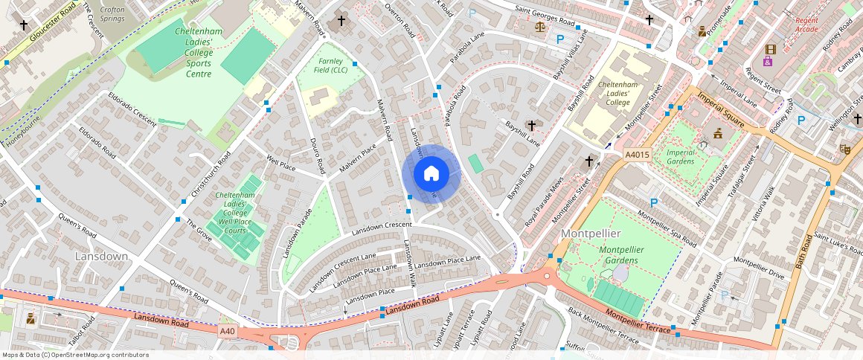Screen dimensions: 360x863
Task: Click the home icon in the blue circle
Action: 431,174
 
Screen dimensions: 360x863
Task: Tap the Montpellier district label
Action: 591,234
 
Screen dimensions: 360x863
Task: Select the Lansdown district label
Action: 101,256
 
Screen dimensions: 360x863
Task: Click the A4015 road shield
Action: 637,155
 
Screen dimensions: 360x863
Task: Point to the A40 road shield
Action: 228,330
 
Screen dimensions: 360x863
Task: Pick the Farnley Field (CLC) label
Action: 333,65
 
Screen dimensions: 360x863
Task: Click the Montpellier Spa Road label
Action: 667,231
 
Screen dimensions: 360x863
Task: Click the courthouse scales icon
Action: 539,26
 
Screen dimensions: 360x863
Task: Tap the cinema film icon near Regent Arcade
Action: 769,49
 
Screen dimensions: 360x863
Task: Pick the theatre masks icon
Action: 844,149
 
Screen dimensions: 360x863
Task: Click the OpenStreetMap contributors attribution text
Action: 75,355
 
